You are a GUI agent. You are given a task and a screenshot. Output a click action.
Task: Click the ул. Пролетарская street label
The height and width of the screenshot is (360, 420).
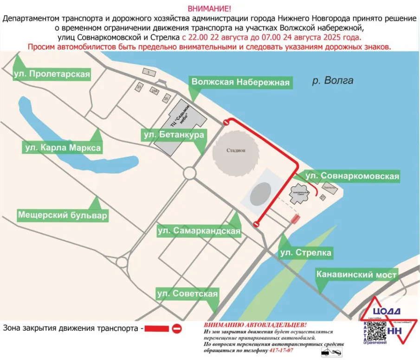tap(51, 74)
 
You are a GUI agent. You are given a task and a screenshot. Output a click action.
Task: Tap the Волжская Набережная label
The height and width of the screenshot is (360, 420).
tap(240, 83)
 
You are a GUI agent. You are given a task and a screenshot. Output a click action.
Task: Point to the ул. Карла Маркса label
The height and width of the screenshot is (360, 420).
tap(63, 148)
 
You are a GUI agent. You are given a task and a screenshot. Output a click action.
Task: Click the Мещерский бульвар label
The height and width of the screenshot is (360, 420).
tap(63, 216)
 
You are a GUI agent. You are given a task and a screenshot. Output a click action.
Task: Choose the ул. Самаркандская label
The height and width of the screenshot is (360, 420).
tap(199, 230)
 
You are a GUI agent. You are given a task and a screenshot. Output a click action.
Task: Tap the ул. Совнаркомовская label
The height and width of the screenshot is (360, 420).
tap(353, 177)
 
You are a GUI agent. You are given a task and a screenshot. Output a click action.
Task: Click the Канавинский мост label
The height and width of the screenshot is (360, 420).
tap(356, 275)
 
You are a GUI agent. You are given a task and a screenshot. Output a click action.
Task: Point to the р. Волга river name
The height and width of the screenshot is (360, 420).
tap(332, 80)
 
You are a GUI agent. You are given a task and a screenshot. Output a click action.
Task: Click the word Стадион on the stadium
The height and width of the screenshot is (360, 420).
tap(236, 151)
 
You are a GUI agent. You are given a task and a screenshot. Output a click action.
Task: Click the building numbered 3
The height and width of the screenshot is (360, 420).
tap(149, 72)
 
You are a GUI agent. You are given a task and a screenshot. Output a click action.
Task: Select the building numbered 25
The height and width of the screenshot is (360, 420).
tap(166, 98)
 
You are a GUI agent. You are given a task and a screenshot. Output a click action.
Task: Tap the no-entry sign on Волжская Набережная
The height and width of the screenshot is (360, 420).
tap(226, 123)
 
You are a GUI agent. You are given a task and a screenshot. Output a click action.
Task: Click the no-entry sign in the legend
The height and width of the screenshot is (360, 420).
tap(176, 329)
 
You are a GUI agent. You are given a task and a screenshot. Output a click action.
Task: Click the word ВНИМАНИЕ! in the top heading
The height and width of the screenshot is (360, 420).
tap(209, 9)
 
